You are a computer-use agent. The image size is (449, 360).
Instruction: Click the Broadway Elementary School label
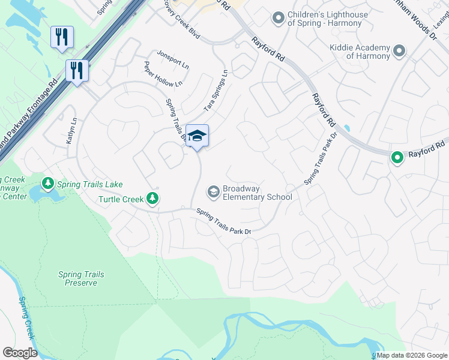(257, 193)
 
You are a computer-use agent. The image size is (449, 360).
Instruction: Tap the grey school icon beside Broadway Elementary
(212, 192)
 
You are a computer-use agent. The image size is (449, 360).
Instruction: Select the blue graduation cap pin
(197, 136)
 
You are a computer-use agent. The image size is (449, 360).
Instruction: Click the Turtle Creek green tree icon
(153, 199)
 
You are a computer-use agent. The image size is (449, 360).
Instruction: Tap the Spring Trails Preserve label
(81, 278)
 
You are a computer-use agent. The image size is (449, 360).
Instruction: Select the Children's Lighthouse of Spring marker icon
(278, 19)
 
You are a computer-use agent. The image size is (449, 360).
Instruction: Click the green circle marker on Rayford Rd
(397, 158)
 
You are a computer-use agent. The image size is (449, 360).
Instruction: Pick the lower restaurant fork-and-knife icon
(77, 70)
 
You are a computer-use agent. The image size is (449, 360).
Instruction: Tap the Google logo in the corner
(20, 353)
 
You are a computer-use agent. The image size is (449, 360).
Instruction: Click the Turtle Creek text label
(121, 199)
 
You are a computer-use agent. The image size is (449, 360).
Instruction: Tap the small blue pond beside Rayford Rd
(347, 128)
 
